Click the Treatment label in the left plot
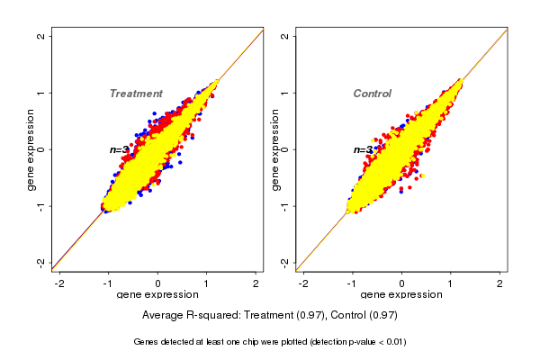pos(136,94)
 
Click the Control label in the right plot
pos(372,94)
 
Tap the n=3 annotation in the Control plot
pos(363,150)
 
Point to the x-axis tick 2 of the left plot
pos(256,283)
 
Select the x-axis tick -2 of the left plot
pos(59,283)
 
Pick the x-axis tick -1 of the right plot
pos(353,283)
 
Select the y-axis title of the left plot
pos(31,149)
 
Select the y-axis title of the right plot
pos(274,149)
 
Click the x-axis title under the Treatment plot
pos(157,295)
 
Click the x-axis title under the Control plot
pos(401,295)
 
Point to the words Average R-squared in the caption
pos(185,315)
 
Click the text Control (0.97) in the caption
pos(364,315)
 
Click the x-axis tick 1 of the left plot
pos(207,283)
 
